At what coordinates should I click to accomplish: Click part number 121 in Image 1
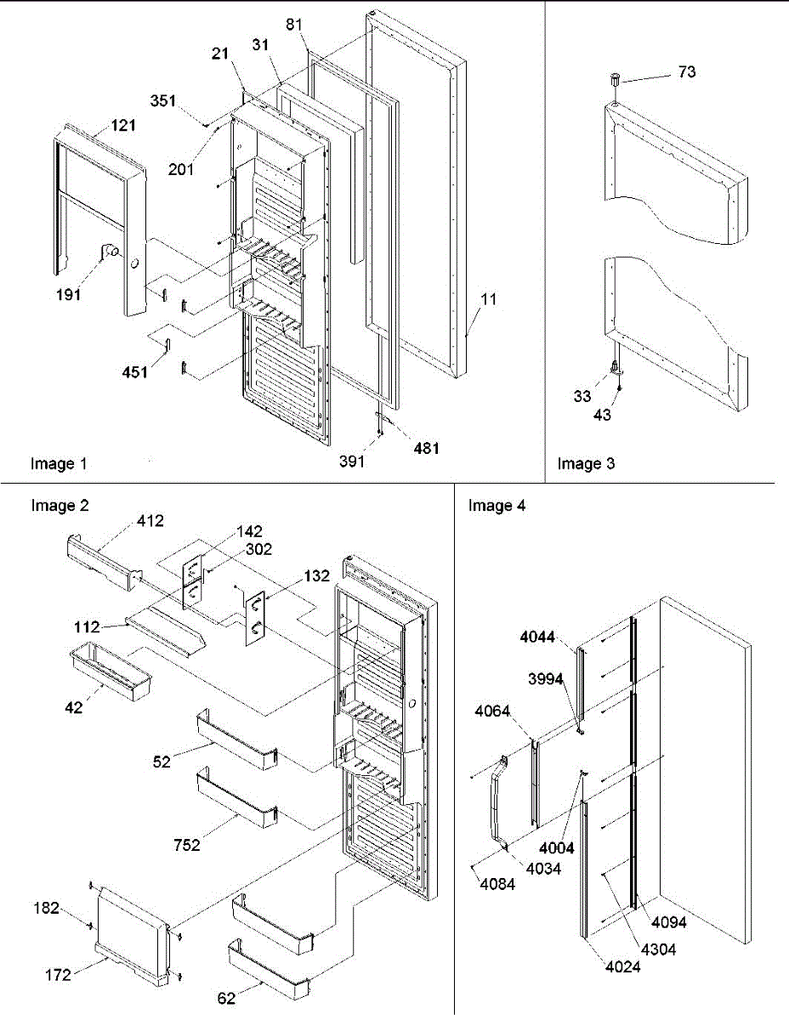122,125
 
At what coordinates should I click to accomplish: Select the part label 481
426,448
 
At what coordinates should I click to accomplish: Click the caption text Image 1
59,463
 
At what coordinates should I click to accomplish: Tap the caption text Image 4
497,506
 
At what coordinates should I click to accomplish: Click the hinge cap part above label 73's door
612,82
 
